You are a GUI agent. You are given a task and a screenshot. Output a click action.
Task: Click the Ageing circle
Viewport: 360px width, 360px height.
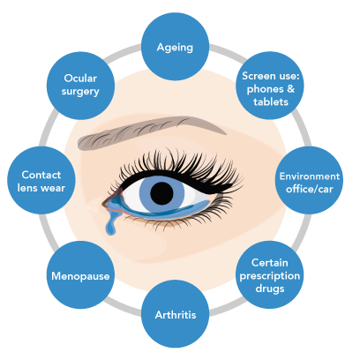click(176, 47)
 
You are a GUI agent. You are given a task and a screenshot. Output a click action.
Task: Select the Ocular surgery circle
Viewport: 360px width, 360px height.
click(80, 86)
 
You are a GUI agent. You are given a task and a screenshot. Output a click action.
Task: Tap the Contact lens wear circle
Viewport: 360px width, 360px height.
click(41, 180)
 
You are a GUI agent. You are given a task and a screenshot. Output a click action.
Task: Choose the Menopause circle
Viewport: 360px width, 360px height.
click(80, 275)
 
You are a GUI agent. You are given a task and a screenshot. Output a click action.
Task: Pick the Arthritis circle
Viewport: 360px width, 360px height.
click(176, 314)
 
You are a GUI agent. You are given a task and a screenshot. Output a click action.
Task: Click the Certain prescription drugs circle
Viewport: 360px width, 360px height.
click(270, 275)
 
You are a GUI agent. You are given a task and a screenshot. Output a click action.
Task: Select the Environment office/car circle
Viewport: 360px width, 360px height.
click(309, 180)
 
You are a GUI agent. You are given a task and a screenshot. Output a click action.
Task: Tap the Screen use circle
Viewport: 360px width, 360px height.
click(270, 86)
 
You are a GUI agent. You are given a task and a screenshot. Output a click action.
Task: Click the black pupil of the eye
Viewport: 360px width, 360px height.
click(161, 193)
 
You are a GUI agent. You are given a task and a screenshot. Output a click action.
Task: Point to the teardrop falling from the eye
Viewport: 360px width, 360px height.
click(111, 225)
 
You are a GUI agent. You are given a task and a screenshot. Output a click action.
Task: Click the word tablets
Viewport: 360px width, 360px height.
click(271, 101)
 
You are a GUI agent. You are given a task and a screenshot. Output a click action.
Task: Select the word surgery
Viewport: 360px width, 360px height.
click(80, 92)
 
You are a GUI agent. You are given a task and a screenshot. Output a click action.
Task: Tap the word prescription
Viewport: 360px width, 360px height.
click(270, 276)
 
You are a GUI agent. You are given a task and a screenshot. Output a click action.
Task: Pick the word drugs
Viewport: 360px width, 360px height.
click(270, 289)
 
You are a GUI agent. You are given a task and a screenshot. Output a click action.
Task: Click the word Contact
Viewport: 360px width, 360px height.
click(41, 175)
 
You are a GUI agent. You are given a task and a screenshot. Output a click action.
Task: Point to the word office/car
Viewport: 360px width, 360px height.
click(310, 189)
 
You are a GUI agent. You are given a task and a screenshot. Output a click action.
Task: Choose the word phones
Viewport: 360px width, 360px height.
click(264, 89)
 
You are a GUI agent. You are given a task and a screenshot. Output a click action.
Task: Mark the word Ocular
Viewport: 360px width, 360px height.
click(80, 79)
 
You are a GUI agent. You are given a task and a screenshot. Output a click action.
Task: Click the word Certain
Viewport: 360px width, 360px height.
click(270, 262)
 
